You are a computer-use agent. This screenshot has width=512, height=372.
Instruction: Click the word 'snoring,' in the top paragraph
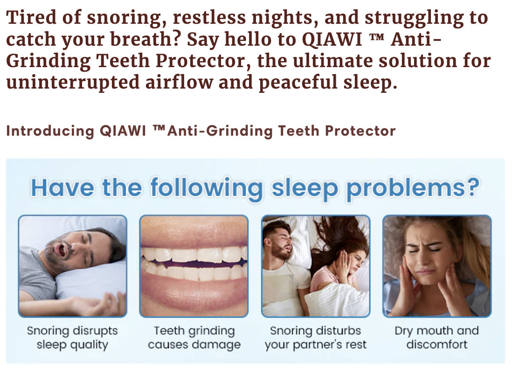coord(126,18)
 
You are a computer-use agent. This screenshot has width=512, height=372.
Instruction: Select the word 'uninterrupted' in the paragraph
coord(72,82)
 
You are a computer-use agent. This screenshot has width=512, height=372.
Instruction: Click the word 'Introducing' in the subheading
coord(50,131)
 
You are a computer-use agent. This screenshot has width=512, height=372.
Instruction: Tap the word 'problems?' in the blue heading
coord(413,189)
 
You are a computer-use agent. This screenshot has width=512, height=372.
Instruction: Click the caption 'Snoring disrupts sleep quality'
coord(72,338)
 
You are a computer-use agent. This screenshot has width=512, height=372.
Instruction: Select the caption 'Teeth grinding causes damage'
coord(194,338)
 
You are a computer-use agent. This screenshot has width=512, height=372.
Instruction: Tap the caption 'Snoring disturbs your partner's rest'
coord(315,338)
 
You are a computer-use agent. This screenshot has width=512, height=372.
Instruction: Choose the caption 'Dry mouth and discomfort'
coord(436,338)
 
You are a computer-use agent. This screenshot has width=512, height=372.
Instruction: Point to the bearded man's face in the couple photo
coord(280,243)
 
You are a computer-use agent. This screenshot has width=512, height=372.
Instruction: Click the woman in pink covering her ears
coord(339,268)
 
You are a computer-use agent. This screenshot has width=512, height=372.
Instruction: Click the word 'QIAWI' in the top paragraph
coord(332,39)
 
